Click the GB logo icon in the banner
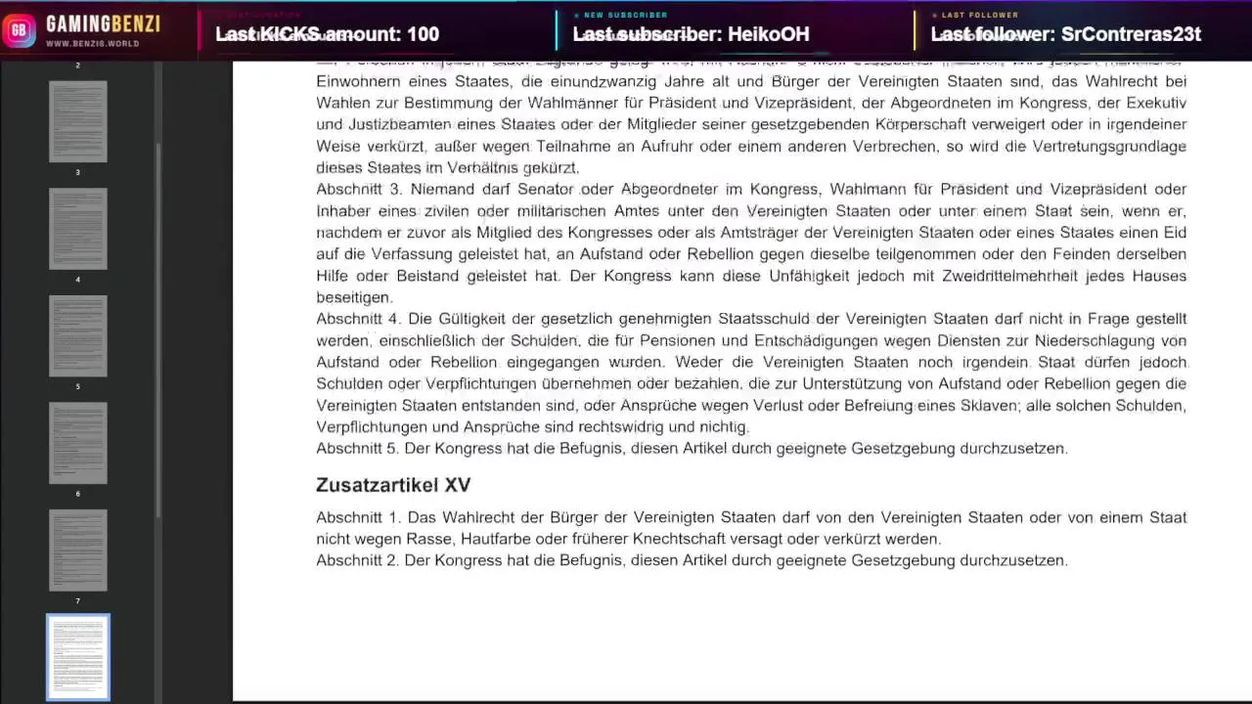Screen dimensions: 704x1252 [19, 29]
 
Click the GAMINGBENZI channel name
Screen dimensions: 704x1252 [103, 23]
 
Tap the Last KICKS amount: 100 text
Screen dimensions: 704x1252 [327, 34]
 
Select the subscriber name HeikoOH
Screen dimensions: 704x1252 [768, 34]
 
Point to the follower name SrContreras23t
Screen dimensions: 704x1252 [1131, 34]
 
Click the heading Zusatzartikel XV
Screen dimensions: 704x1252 [393, 485]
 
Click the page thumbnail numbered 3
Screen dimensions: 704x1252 [78, 121]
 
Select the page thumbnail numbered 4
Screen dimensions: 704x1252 [78, 229]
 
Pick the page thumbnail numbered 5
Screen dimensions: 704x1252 [78, 335]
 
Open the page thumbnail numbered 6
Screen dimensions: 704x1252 [78, 443]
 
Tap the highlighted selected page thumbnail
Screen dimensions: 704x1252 [78, 657]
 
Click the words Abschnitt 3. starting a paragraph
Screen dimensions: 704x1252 [358, 190]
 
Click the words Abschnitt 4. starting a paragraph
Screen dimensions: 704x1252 [358, 319]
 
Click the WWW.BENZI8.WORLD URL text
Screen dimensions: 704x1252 [93, 44]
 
